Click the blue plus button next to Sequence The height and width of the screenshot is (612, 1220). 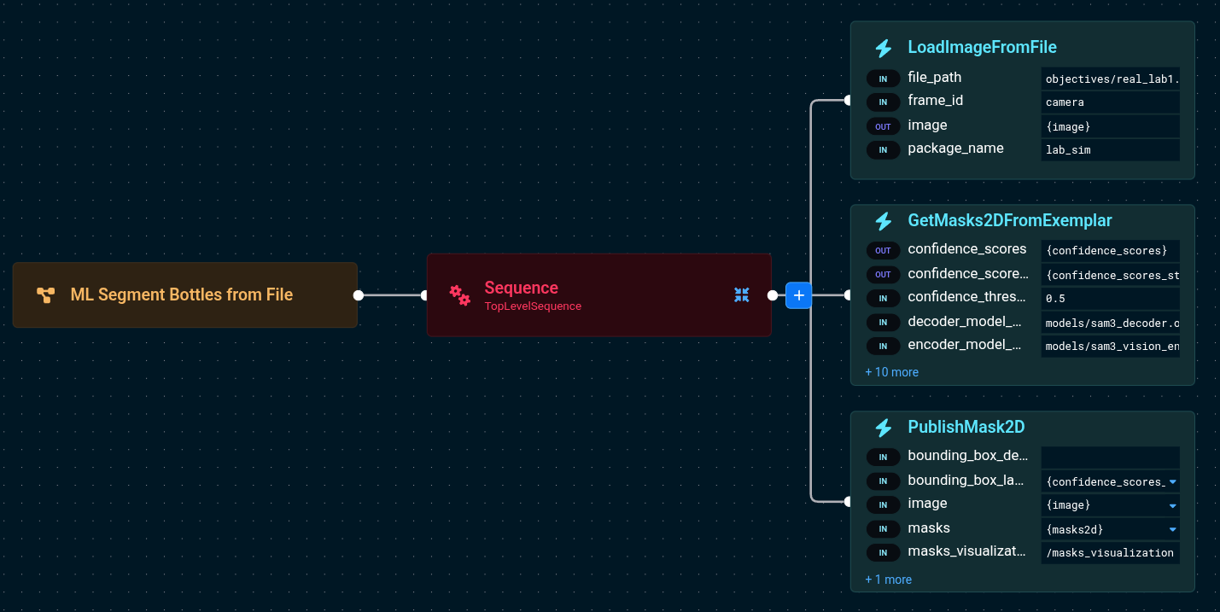[798, 295]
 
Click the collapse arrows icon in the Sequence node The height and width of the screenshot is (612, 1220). [741, 294]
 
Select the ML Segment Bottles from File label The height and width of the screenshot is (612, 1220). [181, 294]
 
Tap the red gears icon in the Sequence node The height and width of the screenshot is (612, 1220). [459, 294]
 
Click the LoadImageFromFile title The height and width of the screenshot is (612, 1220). [982, 47]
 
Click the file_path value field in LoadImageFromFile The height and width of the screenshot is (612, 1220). [1110, 79]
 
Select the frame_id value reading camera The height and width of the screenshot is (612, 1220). [1110, 102]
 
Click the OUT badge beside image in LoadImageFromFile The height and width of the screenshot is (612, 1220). [883, 126]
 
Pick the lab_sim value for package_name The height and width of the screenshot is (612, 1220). [1110, 150]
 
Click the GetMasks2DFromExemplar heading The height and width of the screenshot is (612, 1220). [1009, 220]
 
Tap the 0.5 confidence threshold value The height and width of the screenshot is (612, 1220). [1110, 299]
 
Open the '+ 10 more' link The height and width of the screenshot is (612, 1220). [891, 372]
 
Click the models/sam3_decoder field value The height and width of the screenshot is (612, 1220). [1110, 323]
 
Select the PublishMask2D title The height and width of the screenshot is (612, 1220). [966, 427]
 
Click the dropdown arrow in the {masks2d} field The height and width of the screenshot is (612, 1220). [1172, 529]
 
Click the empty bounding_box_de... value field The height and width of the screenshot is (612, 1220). [1110, 457]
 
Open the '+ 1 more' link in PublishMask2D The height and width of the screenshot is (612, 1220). [888, 580]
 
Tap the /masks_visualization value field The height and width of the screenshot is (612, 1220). [1110, 553]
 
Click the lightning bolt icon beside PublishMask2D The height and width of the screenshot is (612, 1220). [884, 428]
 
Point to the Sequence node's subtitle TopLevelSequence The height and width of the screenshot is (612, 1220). [533, 306]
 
